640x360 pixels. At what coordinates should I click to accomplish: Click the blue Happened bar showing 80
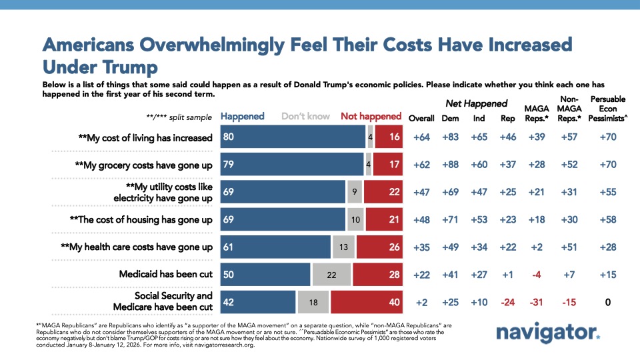click(293, 138)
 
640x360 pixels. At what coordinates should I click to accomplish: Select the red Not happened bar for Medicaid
click(377, 275)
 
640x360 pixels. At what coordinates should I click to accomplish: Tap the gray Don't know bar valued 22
click(332, 275)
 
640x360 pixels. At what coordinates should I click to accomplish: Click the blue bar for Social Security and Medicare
click(258, 302)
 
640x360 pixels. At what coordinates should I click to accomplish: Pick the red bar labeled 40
click(367, 302)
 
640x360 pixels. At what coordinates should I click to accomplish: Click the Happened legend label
click(243, 116)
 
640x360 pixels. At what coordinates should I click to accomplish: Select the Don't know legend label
click(305, 116)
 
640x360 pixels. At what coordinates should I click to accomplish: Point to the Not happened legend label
click(371, 116)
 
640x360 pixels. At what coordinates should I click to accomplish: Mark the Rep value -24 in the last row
click(507, 302)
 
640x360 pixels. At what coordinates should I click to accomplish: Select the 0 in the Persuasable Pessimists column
click(609, 302)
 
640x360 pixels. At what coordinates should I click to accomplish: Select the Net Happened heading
click(477, 103)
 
